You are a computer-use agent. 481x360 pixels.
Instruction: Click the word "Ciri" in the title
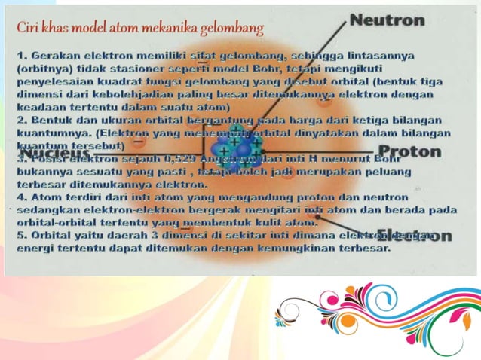pyautogui.click(x=29, y=29)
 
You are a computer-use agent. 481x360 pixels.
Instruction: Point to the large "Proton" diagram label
pyautogui.click(x=411, y=151)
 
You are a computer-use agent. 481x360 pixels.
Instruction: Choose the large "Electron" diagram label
pyautogui.click(x=415, y=235)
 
